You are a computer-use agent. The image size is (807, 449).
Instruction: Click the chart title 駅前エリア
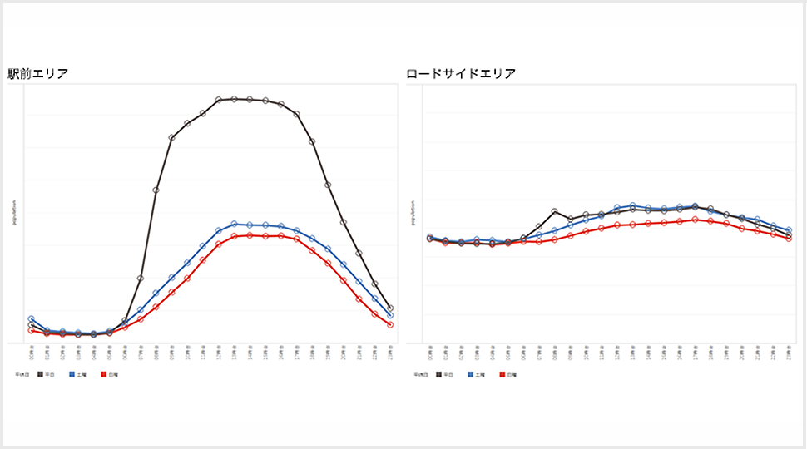pyautogui.click(x=37, y=73)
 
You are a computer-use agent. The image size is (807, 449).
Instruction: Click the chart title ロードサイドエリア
pyautogui.click(x=461, y=73)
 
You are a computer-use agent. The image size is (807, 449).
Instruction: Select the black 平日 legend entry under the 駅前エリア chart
pyautogui.click(x=46, y=375)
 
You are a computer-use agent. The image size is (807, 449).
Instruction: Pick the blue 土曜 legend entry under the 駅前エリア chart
pyautogui.click(x=77, y=375)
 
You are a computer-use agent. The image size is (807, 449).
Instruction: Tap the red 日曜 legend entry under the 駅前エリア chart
pyautogui.click(x=108, y=375)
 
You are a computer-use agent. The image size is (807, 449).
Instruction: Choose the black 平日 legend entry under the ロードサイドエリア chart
pyautogui.click(x=444, y=375)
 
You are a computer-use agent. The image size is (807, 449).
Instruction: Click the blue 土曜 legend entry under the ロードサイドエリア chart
pyautogui.click(x=476, y=375)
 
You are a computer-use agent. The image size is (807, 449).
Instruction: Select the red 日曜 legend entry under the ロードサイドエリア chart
pyautogui.click(x=507, y=375)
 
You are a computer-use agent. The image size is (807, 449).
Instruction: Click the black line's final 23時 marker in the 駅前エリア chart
pyautogui.click(x=390, y=308)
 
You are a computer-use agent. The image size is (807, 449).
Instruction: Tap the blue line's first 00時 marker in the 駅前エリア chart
pyautogui.click(x=32, y=319)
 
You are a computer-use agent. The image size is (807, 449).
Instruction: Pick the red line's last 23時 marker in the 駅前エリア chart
pyautogui.click(x=390, y=324)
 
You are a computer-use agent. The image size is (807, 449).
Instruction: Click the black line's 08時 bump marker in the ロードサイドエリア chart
pyautogui.click(x=555, y=211)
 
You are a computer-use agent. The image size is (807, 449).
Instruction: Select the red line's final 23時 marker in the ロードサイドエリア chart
pyautogui.click(x=789, y=239)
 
